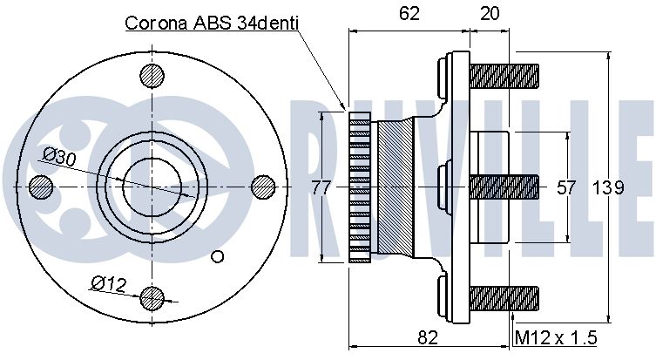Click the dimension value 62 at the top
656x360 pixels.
409,14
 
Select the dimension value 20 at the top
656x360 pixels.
490,14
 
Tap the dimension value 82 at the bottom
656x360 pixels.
427,337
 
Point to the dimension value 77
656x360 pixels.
321,187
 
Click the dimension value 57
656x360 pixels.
566,187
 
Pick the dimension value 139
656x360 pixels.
608,187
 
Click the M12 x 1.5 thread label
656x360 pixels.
556,337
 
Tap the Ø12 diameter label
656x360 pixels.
108,284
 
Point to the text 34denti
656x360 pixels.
267,23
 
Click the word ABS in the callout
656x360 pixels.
212,23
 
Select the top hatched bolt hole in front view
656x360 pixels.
152,76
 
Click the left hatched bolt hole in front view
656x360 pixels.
41,187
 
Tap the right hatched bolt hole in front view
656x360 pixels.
264,187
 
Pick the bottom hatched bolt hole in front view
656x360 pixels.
152,298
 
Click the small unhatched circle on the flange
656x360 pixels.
218,256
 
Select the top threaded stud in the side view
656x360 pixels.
504,76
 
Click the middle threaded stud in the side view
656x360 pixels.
504,187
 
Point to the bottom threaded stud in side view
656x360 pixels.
504,298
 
